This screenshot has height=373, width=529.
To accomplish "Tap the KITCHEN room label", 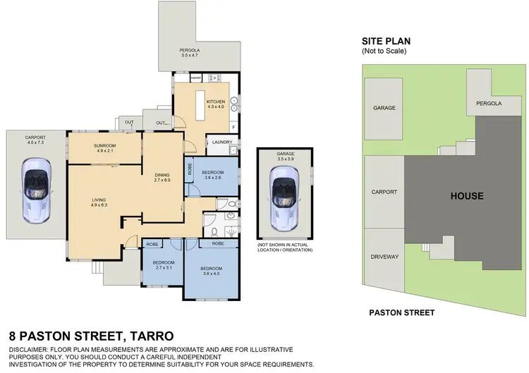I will coord(215,102).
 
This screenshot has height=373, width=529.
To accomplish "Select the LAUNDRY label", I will coord(222,142).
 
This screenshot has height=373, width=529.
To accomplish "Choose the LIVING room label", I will coord(99,200).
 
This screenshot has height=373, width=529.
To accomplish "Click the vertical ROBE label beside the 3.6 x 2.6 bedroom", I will coord(189,169).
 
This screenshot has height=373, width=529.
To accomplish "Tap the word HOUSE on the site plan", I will coord(467,196).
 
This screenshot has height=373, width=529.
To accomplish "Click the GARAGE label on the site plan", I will coord(384,108).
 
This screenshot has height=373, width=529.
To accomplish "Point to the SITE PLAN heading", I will coord(387,41).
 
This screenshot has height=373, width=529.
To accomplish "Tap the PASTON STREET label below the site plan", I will coord(402,312).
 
